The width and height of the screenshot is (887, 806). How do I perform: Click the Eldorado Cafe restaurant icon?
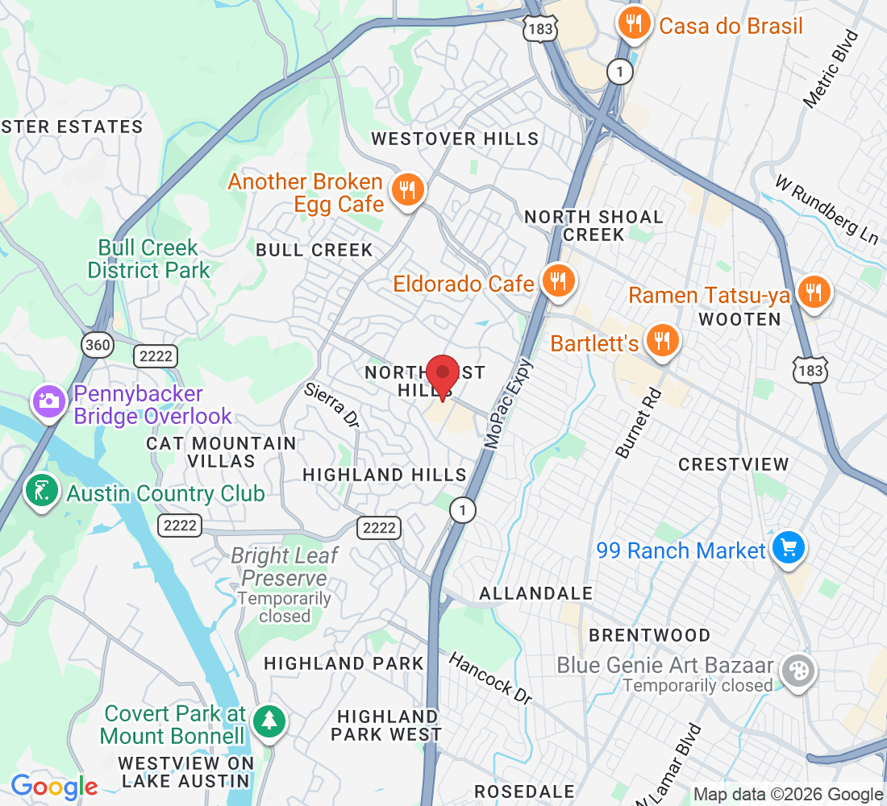(556, 281)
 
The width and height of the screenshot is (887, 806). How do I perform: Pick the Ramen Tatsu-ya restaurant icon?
(814, 293)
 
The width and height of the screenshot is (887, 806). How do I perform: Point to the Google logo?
(54, 786)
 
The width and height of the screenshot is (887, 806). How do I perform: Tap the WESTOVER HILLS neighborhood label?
(455, 139)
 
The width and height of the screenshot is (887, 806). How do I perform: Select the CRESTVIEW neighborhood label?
(733, 464)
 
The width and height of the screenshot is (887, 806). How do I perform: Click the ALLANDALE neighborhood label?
(536, 593)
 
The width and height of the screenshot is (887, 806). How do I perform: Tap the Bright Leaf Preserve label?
(285, 567)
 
